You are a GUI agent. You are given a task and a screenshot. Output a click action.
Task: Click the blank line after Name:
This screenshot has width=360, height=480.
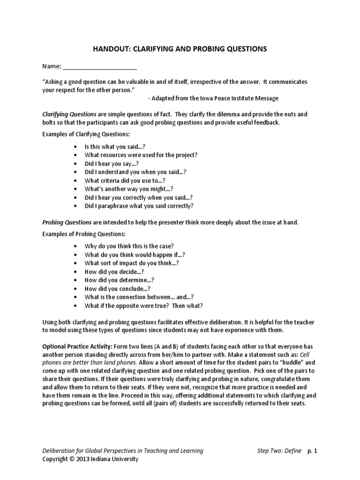coord(100,67)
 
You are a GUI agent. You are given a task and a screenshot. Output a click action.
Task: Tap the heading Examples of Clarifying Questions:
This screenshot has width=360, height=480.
coord(86,135)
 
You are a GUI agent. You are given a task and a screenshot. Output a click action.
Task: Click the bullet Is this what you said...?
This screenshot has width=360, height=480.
coord(115,147)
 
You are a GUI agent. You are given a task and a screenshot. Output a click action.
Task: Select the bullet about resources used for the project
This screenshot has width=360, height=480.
coord(141,155)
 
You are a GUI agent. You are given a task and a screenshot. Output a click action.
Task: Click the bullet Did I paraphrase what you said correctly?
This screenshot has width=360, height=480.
coord(139,206)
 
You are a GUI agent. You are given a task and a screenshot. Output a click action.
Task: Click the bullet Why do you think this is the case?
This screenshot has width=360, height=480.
coord(129,246)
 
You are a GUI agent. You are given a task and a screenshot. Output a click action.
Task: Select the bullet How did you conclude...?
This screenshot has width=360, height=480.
coord(117,289)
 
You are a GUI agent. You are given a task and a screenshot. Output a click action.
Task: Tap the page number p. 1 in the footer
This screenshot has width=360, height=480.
coord(313,451)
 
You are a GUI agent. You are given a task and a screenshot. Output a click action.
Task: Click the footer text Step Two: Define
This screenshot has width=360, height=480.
coord(279,451)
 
